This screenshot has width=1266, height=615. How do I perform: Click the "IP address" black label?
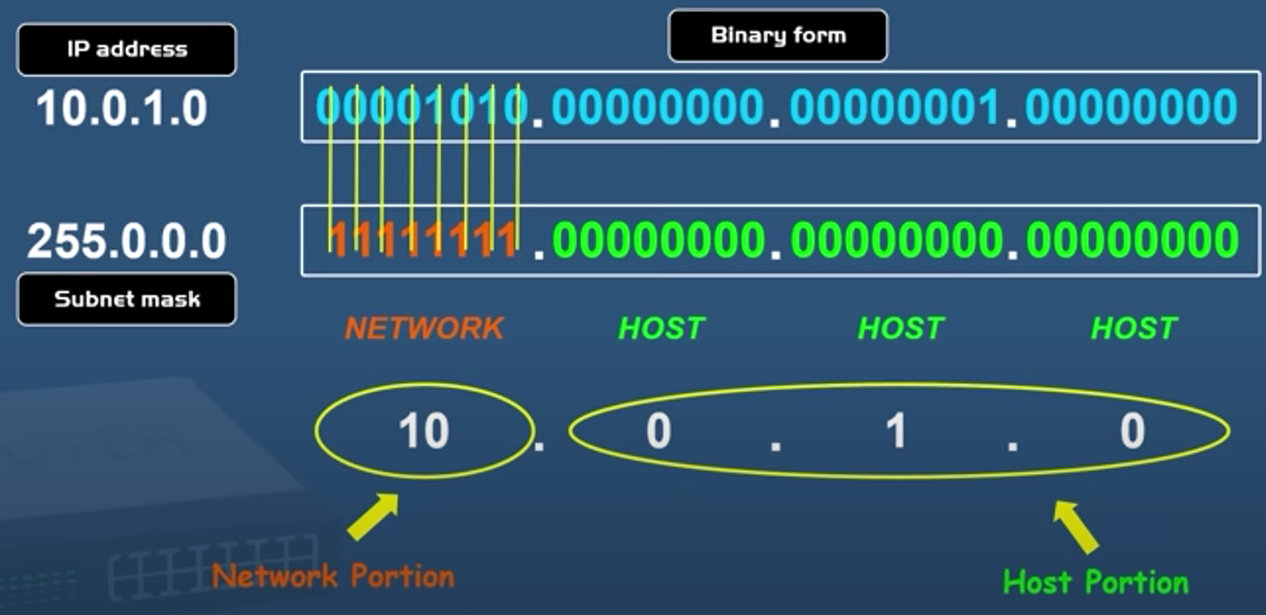(127, 49)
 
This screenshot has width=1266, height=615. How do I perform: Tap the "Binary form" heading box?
(777, 36)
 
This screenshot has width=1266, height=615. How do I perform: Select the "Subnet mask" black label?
(127, 299)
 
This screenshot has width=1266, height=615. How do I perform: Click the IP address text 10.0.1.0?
(122, 108)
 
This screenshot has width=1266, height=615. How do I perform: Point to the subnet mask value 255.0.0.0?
(127, 241)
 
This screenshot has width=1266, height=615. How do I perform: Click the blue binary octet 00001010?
(422, 108)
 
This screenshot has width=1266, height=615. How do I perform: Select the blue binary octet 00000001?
(895, 108)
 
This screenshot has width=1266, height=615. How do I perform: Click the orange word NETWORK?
(425, 328)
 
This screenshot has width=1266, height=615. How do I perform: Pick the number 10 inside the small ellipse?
(424, 431)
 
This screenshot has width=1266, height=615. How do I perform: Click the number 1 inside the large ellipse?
(896, 431)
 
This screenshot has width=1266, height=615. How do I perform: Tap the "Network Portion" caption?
(334, 577)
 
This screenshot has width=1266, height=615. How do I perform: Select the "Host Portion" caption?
(1095, 582)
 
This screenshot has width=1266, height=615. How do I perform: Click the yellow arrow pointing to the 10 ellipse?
(373, 517)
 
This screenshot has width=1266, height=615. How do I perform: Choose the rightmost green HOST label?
(1134, 328)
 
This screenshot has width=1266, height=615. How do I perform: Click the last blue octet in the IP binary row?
(1131, 108)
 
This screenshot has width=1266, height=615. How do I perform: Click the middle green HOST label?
(901, 328)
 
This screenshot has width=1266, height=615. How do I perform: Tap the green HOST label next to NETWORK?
(661, 328)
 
